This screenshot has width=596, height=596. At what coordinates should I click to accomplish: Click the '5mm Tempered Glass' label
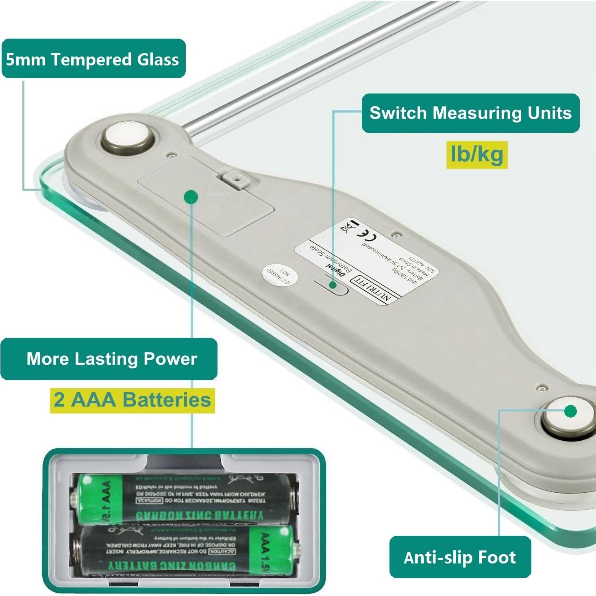93,59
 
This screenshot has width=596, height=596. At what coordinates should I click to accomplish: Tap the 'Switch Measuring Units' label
470,113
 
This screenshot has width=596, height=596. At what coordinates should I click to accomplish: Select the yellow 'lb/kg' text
477,154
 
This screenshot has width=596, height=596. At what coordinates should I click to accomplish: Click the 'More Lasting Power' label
111,359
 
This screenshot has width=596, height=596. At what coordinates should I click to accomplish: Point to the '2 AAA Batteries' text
132,400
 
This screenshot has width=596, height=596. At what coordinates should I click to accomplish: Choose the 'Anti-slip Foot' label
460,557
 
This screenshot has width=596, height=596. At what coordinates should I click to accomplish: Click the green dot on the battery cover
191,197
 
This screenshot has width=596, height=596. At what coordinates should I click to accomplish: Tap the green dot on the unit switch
333,285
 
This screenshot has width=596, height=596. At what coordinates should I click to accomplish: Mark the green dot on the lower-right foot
570,411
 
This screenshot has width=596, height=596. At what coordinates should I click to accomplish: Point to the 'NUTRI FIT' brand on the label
372,288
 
